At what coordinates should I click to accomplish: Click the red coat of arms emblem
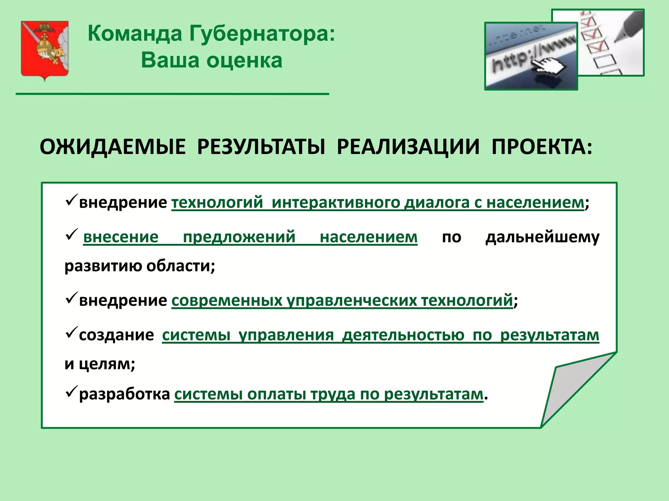[x=45, y=49]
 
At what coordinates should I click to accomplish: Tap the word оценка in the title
[x=244, y=61]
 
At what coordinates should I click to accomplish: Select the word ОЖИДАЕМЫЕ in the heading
[x=112, y=147]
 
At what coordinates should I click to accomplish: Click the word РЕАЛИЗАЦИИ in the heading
[x=408, y=147]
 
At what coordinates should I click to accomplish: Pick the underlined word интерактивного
[x=336, y=203]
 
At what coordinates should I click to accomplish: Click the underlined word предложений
[x=239, y=237]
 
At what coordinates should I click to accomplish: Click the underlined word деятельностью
[x=403, y=335]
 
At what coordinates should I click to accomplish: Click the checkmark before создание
[x=71, y=332]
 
